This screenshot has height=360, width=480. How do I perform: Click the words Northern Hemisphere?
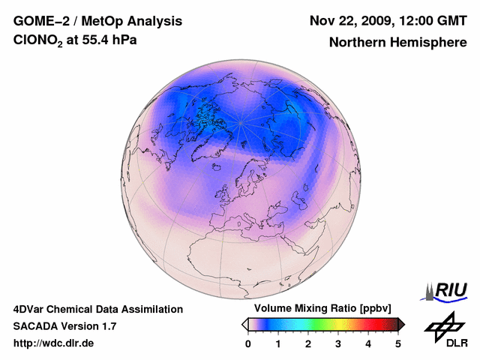point(397,42)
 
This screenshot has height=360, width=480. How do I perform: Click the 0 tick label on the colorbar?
point(248,343)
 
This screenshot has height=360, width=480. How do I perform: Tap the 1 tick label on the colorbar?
point(278,343)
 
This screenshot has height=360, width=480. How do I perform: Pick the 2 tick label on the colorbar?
point(308,343)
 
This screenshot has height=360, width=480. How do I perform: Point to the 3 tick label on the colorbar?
point(338,343)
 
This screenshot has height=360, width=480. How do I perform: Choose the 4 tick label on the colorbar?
point(368,343)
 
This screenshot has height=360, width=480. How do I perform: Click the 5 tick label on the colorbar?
point(398,343)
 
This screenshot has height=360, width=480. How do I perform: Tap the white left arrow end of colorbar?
point(244,324)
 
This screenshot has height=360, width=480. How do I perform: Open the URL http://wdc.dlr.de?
point(54,343)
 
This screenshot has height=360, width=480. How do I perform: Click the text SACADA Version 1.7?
point(64,326)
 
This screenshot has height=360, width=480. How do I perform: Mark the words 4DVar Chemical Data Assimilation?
point(98,309)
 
